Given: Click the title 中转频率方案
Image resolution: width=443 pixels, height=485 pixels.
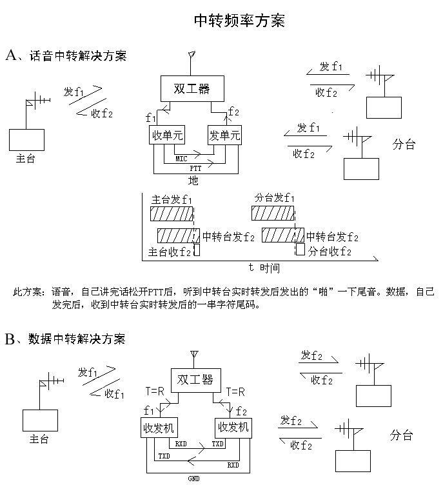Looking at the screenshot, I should pos(239,21).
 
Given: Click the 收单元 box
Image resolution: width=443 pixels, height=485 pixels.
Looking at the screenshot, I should pos(167,136).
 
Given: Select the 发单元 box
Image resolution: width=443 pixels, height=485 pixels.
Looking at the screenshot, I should pos(224,136).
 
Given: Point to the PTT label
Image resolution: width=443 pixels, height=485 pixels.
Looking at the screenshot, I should pos(196,167).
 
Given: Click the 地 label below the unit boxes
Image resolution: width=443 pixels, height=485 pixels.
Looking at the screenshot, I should pos(193,181).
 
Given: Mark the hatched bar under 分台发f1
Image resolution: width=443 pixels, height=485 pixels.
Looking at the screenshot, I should pos(273,213).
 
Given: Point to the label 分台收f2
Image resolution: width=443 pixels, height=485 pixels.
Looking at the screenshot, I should pos(330,252).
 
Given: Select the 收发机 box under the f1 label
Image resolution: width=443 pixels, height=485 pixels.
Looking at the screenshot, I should pos(160,427).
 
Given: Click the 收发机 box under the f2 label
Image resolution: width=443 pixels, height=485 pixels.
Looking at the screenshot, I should pos(233,427).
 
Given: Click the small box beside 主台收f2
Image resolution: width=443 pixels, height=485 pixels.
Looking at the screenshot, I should pos(196,250).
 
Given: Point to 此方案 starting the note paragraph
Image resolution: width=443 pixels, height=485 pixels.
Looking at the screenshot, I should pos(28,292).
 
